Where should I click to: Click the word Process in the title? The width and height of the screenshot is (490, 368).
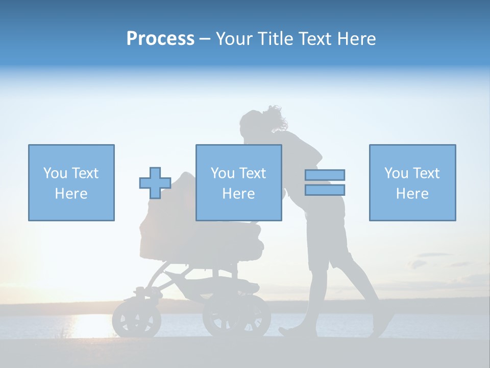pyautogui.click(x=160, y=39)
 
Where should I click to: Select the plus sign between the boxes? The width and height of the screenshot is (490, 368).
pyautogui.click(x=155, y=183)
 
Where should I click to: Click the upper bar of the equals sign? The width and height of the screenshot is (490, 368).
pyautogui.click(x=325, y=175)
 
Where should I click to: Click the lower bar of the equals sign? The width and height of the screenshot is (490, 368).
pyautogui.click(x=325, y=190)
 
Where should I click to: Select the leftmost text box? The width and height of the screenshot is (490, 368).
pyautogui.click(x=71, y=182)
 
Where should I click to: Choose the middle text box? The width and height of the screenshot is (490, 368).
pyautogui.click(x=238, y=182)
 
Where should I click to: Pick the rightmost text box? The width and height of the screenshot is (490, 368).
pyautogui.click(x=412, y=182)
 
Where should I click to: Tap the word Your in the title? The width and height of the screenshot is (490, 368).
pyautogui.click(x=235, y=39)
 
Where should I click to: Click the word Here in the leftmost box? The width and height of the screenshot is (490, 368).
pyautogui.click(x=71, y=194)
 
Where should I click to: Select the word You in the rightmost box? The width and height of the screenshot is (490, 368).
pyautogui.click(x=396, y=173)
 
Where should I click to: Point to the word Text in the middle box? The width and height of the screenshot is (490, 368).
pyautogui.click(x=252, y=173)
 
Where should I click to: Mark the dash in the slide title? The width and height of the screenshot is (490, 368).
pyautogui.click(x=205, y=39)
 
